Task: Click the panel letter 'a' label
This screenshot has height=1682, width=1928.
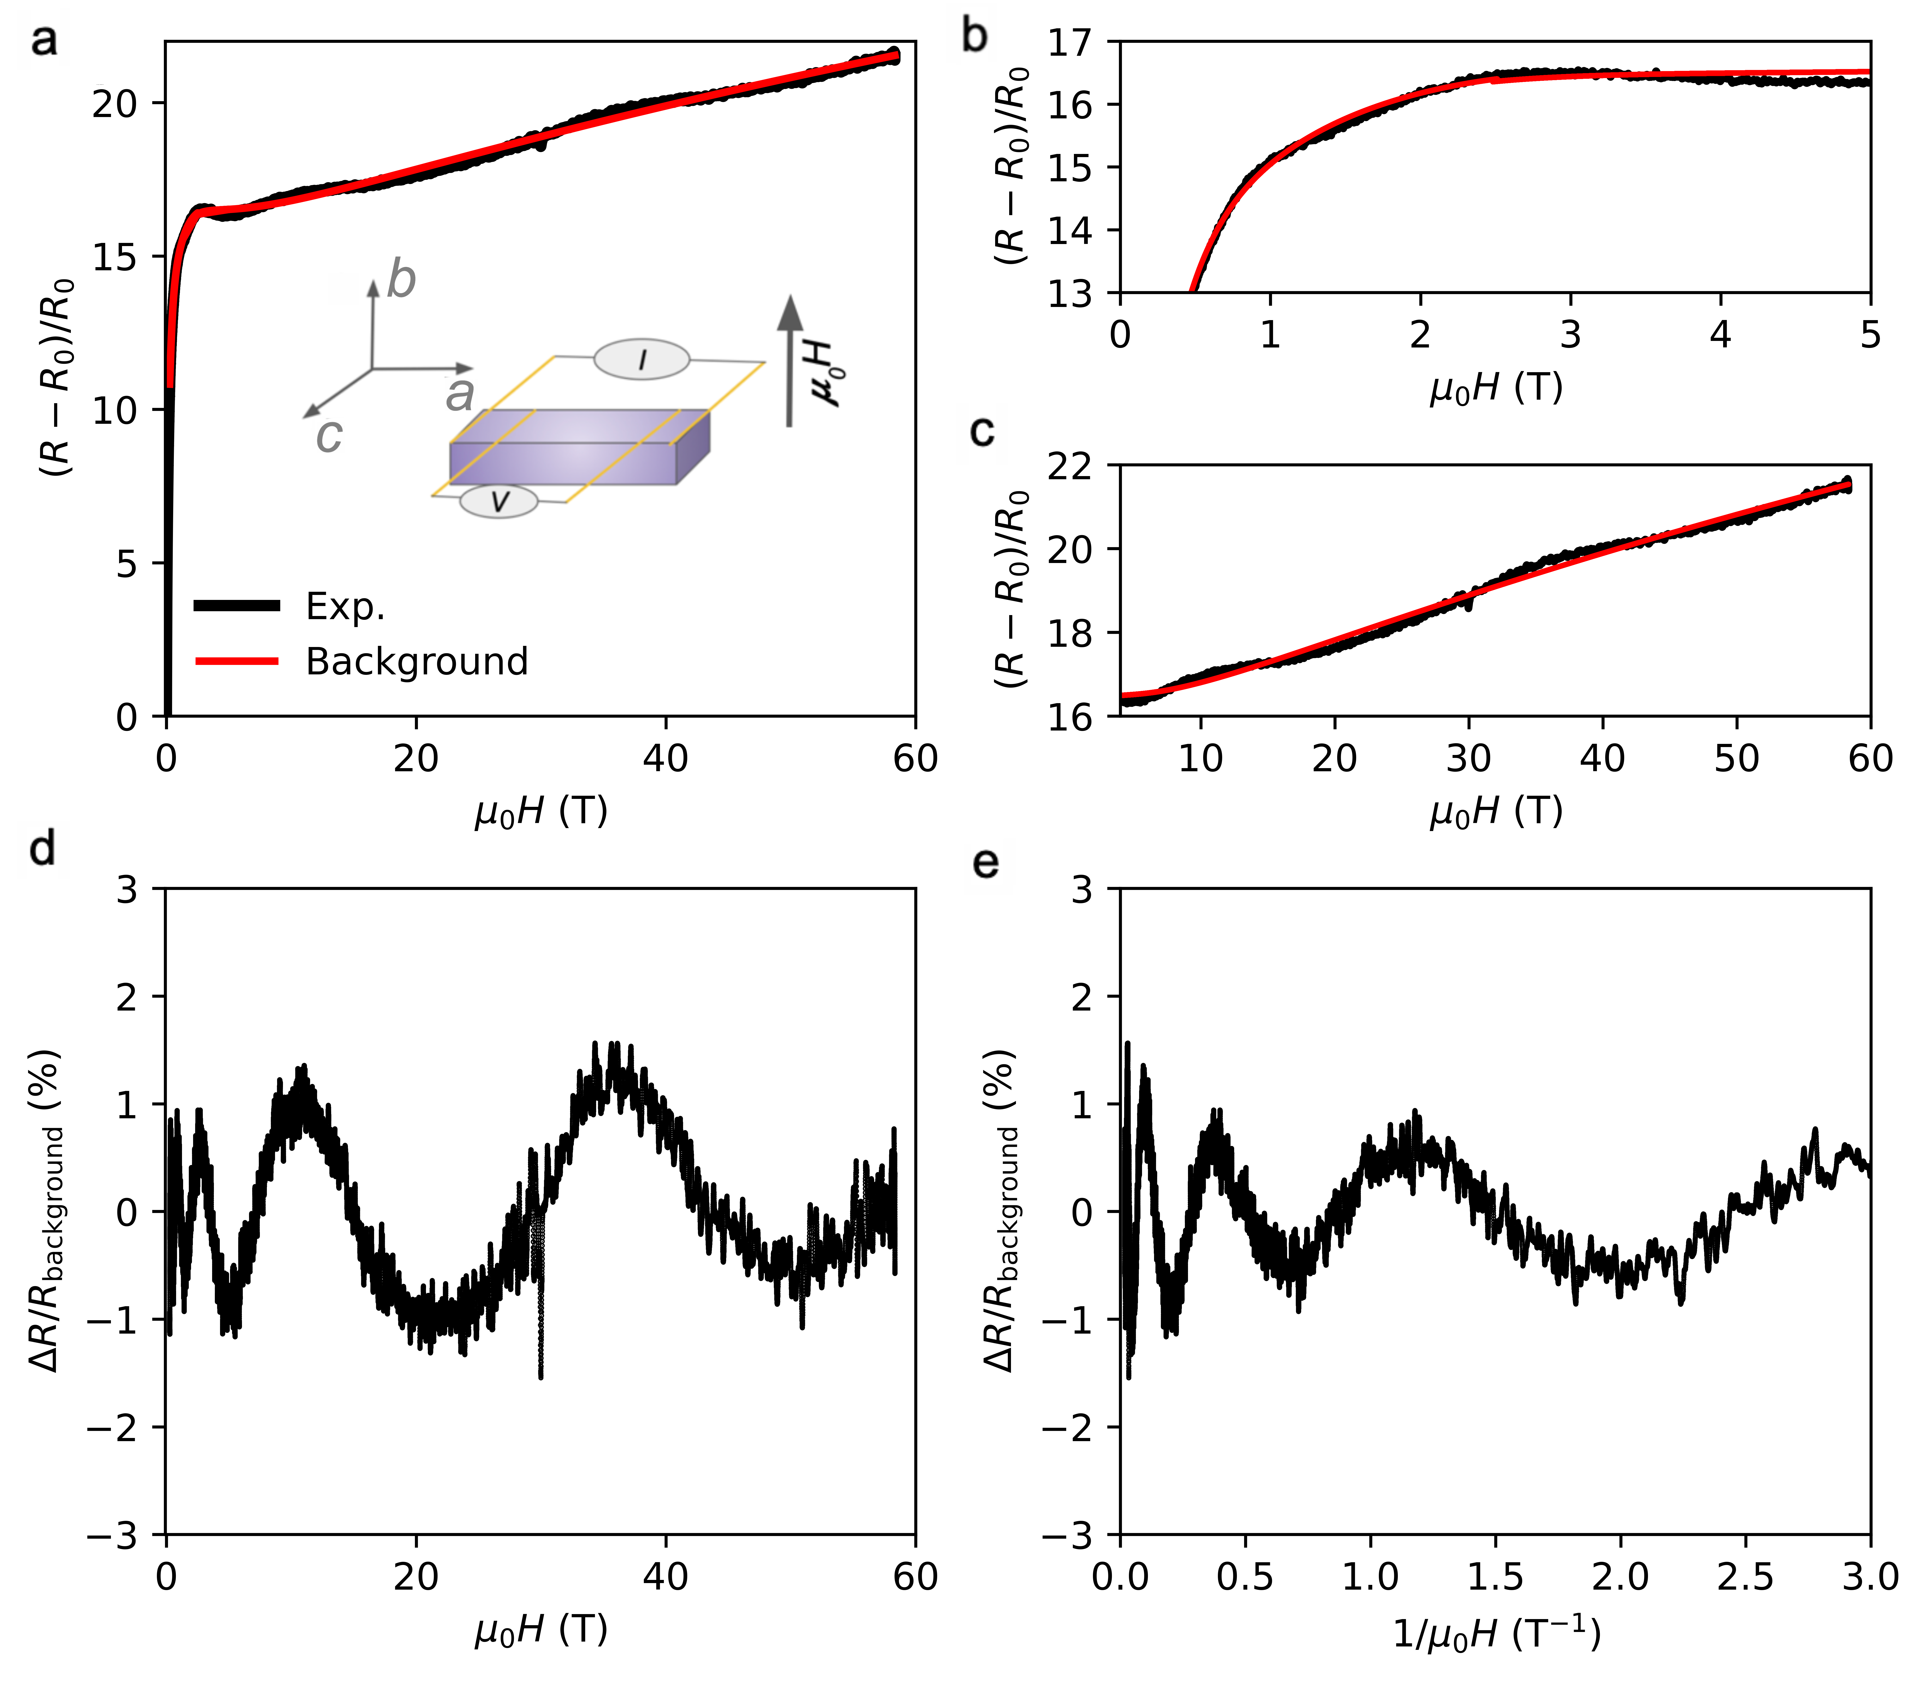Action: [x=43, y=41]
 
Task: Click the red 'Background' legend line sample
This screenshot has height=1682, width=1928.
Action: [x=237, y=662]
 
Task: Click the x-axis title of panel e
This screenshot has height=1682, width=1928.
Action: [x=1495, y=1635]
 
